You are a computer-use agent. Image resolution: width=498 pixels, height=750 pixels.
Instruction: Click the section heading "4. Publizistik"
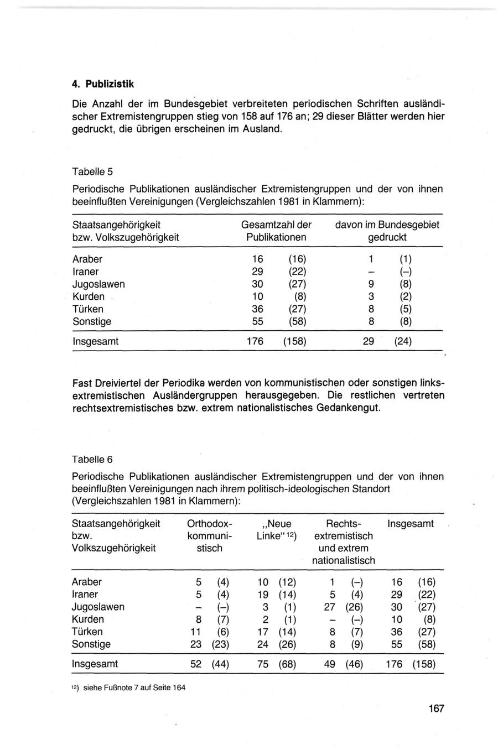point(103,85)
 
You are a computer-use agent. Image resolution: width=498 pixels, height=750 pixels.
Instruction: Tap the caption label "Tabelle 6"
point(92,459)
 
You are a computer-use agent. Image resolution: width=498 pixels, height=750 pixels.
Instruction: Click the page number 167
point(436,709)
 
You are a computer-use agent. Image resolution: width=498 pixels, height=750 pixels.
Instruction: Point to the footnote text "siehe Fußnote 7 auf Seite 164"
point(134,688)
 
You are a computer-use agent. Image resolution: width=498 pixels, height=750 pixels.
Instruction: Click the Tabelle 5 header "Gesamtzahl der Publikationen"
point(276,231)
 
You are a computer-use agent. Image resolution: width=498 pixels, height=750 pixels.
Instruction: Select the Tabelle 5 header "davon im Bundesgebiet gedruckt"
point(387,231)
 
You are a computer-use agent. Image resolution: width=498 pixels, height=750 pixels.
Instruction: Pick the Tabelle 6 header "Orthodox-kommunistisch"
point(210,536)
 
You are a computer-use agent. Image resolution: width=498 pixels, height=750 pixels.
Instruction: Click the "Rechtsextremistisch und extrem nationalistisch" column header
point(343,542)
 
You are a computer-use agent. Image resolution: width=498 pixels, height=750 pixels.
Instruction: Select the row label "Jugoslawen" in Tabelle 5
point(98,284)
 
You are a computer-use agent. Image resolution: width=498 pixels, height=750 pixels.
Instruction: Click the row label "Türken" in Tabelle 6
point(87,632)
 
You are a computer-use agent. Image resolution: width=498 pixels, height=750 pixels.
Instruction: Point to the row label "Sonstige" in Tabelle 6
point(91,644)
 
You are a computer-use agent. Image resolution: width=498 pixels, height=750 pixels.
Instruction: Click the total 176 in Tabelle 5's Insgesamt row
point(255,342)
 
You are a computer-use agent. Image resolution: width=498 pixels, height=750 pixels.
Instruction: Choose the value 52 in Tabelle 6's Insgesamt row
point(196,664)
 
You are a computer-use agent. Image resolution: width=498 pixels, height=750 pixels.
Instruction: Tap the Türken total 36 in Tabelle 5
point(257,309)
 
